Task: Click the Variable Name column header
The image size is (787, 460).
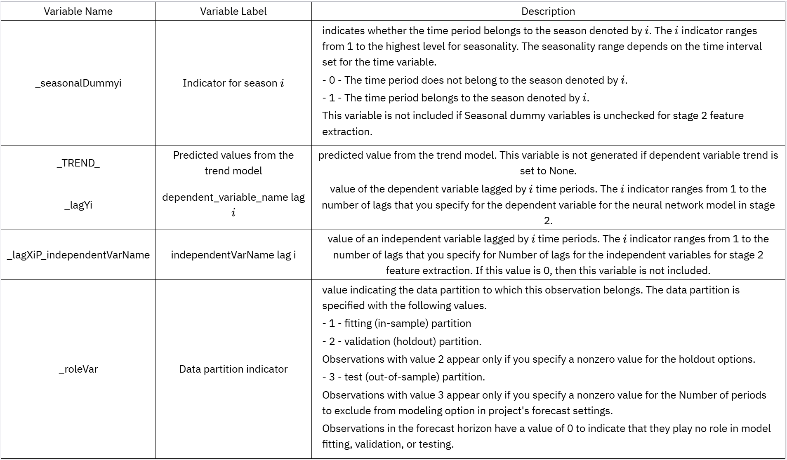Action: click(x=78, y=11)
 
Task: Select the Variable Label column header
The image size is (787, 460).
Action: click(x=233, y=11)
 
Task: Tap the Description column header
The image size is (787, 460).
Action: click(x=548, y=11)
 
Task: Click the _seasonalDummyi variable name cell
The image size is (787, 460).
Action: click(x=78, y=83)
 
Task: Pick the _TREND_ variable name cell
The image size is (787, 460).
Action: click(x=78, y=163)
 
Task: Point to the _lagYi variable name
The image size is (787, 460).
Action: click(x=78, y=205)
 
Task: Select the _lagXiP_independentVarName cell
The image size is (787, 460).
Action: click(x=78, y=255)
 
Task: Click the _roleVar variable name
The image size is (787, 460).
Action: click(x=78, y=369)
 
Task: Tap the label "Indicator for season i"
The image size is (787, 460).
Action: click(x=233, y=83)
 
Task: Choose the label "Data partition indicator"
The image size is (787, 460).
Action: click(x=233, y=369)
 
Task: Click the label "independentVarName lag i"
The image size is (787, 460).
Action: click(x=233, y=255)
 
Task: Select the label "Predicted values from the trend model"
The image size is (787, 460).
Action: click(x=233, y=163)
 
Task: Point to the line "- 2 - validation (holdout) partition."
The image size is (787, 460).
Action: click(x=402, y=341)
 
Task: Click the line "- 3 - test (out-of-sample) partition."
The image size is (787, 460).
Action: click(x=403, y=377)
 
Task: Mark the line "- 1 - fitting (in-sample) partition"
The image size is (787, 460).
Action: click(x=396, y=323)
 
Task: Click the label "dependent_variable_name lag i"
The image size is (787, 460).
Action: click(x=233, y=205)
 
